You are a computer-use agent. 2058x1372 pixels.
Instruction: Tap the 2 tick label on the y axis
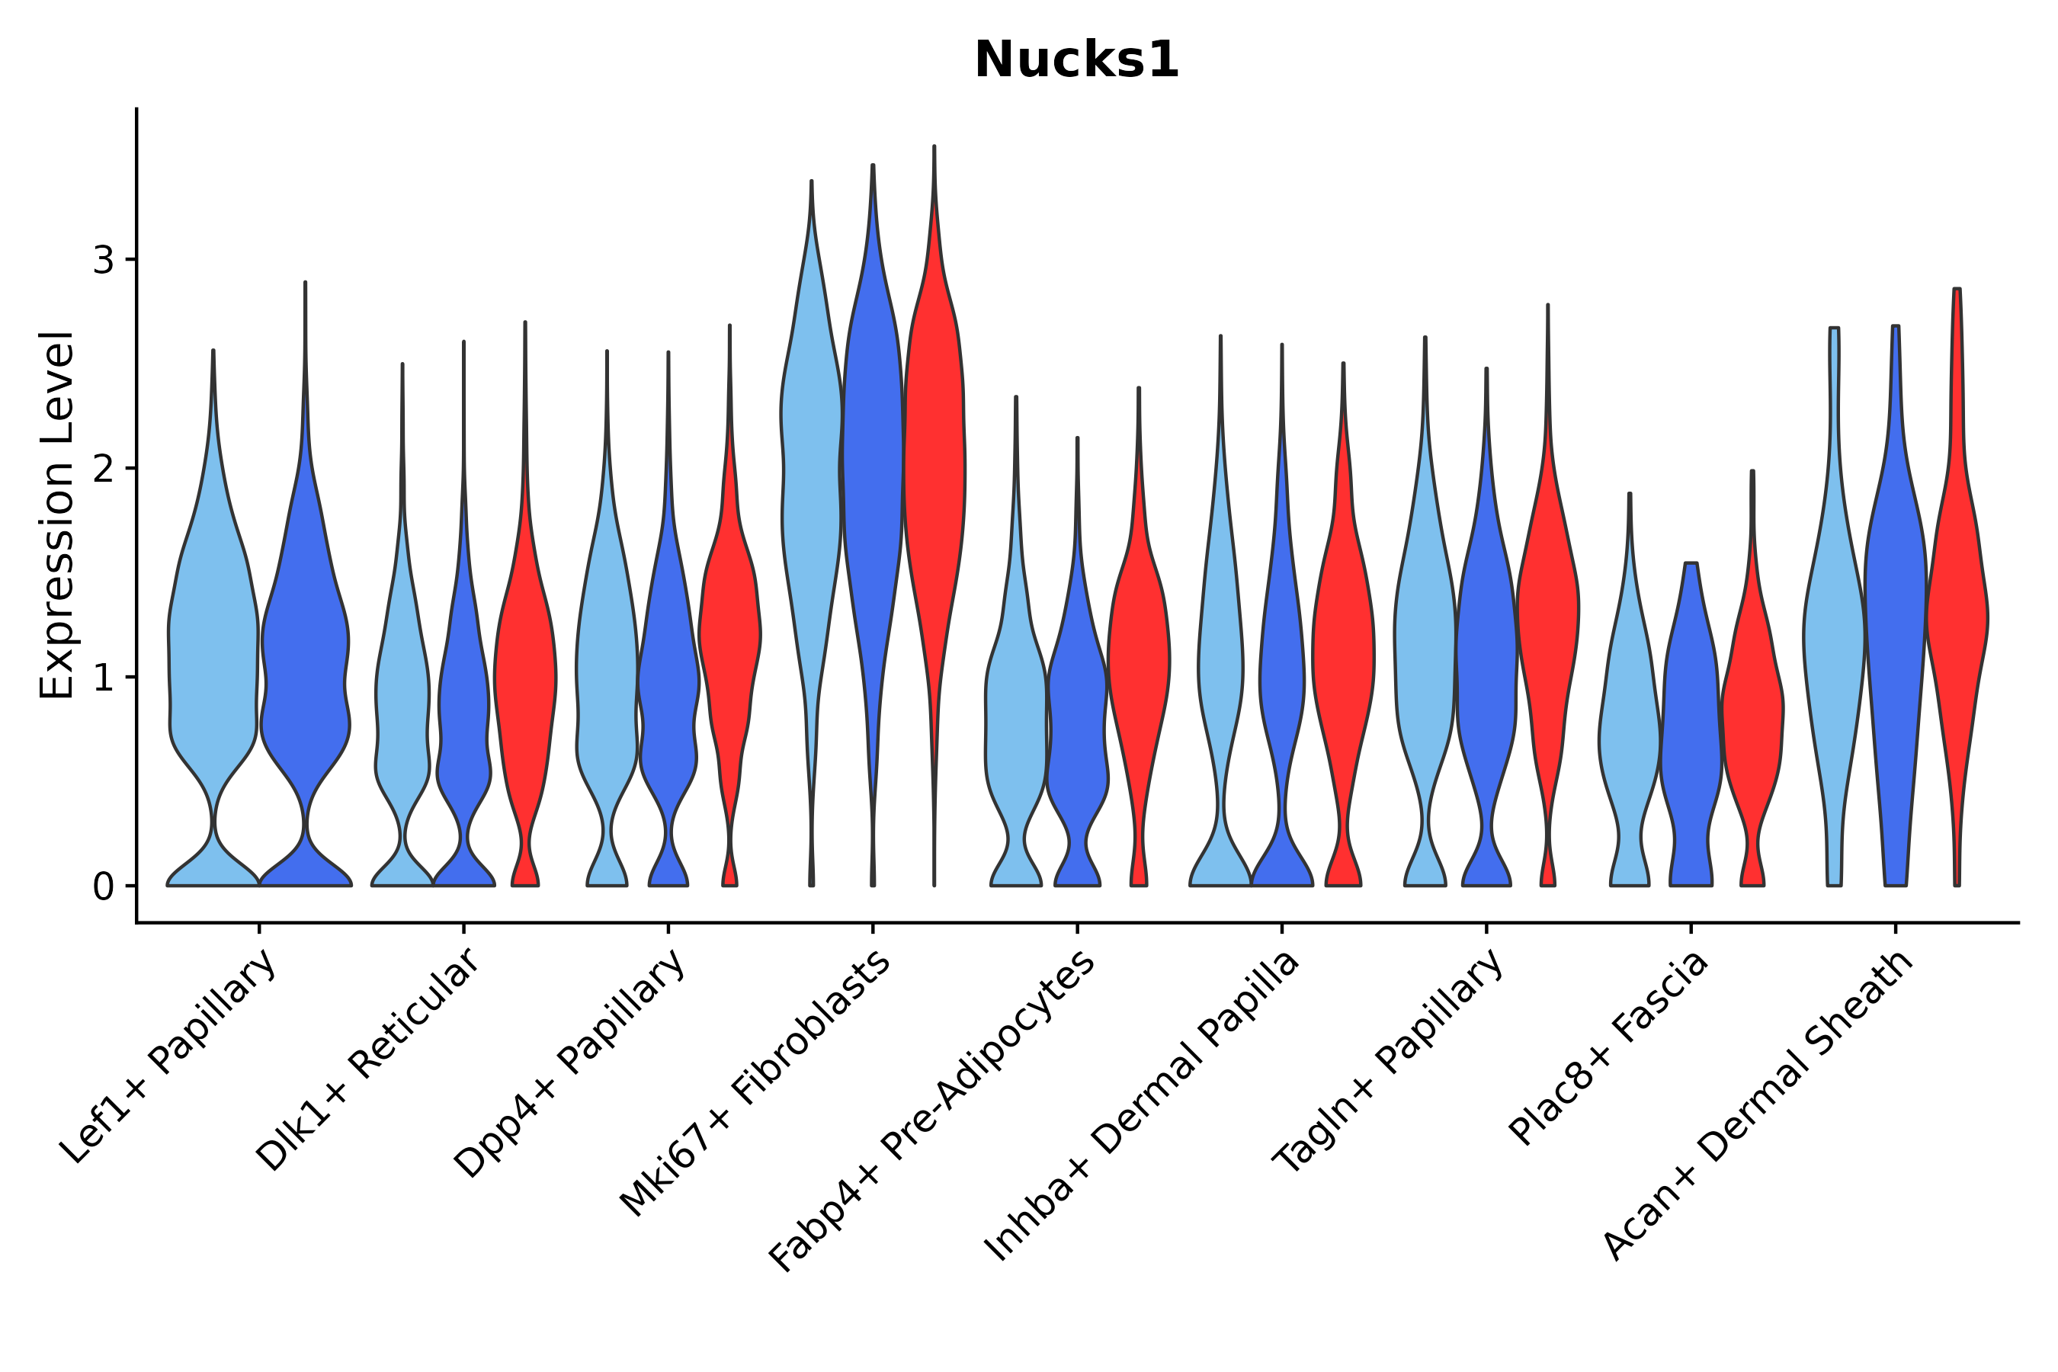click(103, 469)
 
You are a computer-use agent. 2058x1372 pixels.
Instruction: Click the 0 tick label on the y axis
click(103, 887)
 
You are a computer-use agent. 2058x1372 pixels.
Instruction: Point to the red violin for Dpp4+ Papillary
click(729, 630)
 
